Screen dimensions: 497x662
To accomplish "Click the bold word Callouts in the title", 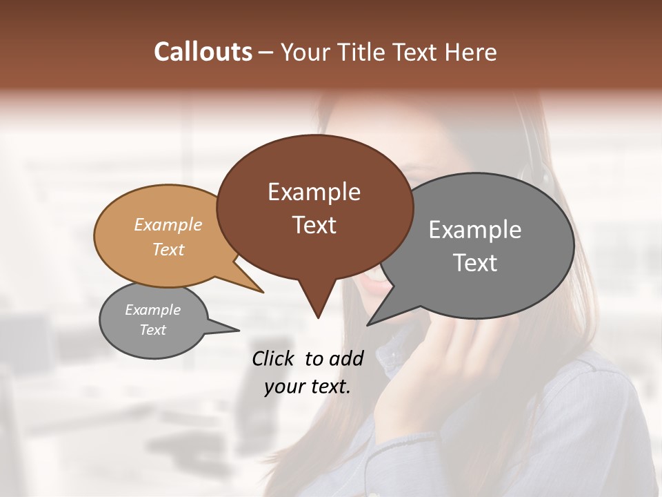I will (x=203, y=52).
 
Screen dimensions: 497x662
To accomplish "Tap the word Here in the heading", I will (x=471, y=52).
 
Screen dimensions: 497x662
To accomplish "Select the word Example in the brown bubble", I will (x=314, y=192).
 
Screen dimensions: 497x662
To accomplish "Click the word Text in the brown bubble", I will (x=314, y=225).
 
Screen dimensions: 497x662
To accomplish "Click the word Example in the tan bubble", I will (x=168, y=224).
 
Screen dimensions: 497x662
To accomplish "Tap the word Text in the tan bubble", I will (x=168, y=249).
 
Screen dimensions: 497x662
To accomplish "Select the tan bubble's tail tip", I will (x=263, y=292).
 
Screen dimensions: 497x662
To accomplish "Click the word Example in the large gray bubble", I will (x=475, y=230).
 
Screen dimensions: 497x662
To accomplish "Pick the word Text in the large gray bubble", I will (x=475, y=263).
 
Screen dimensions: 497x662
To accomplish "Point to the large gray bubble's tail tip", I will (x=368, y=324).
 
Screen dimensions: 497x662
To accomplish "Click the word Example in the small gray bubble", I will (x=152, y=310).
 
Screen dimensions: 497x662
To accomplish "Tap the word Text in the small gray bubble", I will (x=152, y=330).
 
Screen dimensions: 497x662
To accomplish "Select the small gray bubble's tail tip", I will (x=239, y=331).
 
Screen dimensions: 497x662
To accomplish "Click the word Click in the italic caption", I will (x=273, y=358).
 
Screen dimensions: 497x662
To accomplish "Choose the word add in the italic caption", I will (x=346, y=358).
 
